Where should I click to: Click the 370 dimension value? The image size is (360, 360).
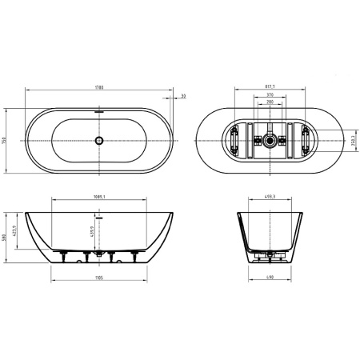point(270,96)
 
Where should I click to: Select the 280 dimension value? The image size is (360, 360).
point(270,103)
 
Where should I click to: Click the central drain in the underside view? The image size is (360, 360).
point(270,141)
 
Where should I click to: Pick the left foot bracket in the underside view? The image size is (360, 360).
point(234,141)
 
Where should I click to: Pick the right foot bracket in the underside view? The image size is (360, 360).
point(308,141)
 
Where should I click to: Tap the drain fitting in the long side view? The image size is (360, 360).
point(99,254)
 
